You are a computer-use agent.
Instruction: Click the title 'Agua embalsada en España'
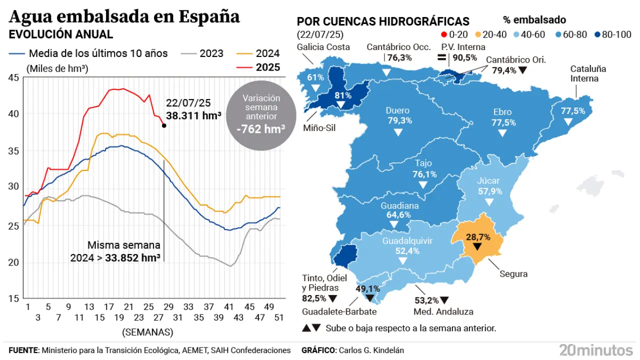(x=124, y=16)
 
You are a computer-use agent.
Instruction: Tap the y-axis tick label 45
(x=14, y=77)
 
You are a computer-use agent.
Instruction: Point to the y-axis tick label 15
(x=14, y=298)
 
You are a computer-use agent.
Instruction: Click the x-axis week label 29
(x=168, y=306)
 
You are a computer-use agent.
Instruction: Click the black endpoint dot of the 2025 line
(x=164, y=125)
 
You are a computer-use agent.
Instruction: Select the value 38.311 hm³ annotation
(x=194, y=115)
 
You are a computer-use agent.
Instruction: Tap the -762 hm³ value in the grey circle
(x=260, y=129)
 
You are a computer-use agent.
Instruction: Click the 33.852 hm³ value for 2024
(x=132, y=258)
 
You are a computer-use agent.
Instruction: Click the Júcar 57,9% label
(x=488, y=186)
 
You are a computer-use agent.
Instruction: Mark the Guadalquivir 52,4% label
(x=407, y=246)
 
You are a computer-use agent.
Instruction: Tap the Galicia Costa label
(x=323, y=47)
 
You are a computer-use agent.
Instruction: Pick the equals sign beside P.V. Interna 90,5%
(x=441, y=57)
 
